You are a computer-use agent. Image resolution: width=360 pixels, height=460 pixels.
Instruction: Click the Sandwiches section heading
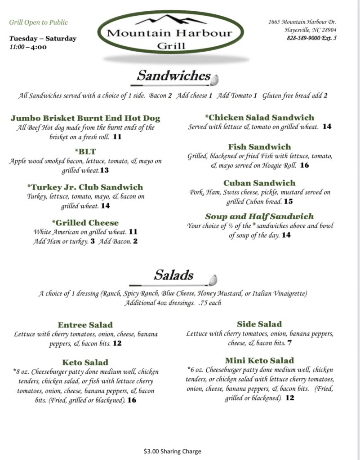coord(173,75)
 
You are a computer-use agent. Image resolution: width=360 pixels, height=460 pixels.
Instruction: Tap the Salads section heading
coord(173,275)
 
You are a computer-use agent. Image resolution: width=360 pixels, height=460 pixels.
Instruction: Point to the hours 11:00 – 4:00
coord(28,47)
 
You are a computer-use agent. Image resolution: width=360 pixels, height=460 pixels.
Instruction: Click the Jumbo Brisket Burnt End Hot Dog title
coord(85,119)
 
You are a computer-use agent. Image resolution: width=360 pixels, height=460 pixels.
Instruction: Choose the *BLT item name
coord(85,151)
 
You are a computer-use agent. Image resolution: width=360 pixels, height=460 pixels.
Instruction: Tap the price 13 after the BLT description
coord(105,171)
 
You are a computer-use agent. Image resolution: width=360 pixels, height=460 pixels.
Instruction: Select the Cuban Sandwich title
coord(259,183)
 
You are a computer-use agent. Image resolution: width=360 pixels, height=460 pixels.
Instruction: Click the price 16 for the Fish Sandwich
coord(304,165)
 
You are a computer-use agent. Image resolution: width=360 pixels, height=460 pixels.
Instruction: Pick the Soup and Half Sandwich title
coord(259,217)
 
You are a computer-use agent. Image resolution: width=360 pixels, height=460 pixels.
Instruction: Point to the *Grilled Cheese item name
coord(85,223)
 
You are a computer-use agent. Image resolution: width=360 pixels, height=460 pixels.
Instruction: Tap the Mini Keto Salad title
coord(259,360)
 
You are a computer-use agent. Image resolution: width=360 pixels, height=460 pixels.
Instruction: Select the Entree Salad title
coord(85,325)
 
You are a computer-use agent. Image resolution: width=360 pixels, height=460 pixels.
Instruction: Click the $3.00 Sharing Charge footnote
coord(173,451)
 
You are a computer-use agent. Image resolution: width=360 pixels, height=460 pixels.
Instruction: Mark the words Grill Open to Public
coord(39,22)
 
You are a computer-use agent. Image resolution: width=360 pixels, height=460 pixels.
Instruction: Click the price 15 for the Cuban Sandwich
coord(288,202)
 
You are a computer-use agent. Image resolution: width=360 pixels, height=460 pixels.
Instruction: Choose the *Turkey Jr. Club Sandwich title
coord(85,187)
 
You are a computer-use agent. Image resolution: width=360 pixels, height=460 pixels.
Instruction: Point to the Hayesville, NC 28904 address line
coord(310,30)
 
